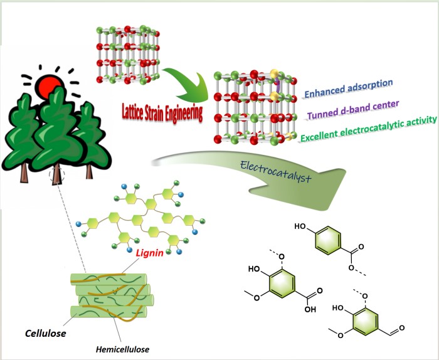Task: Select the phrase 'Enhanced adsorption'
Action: (x=348, y=87)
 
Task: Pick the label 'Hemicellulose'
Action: (x=125, y=349)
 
